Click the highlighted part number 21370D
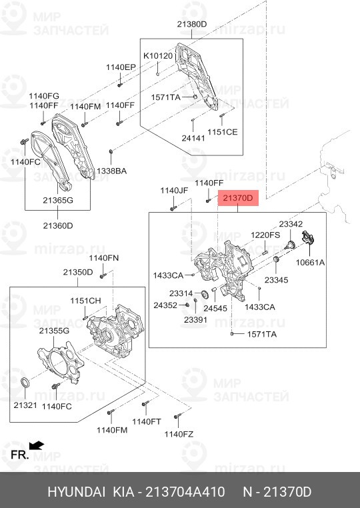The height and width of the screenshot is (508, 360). click(239, 198)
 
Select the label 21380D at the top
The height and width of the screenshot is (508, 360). click(192, 24)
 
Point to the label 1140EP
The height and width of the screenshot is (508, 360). click(120, 67)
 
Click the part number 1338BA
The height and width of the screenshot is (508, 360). click(111, 171)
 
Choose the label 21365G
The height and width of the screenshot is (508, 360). click(58, 201)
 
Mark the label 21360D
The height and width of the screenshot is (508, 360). click(58, 225)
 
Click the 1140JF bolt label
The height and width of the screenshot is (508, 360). click(174, 191)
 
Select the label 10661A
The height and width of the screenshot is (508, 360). click(311, 263)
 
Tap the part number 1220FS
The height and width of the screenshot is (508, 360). click(265, 235)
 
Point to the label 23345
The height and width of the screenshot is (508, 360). click(276, 281)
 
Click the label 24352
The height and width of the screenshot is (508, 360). click(165, 305)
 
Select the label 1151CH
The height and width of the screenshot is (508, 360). click(85, 301)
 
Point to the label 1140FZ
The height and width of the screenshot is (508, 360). click(179, 434)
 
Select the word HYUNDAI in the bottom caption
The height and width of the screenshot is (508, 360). click(76, 492)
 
